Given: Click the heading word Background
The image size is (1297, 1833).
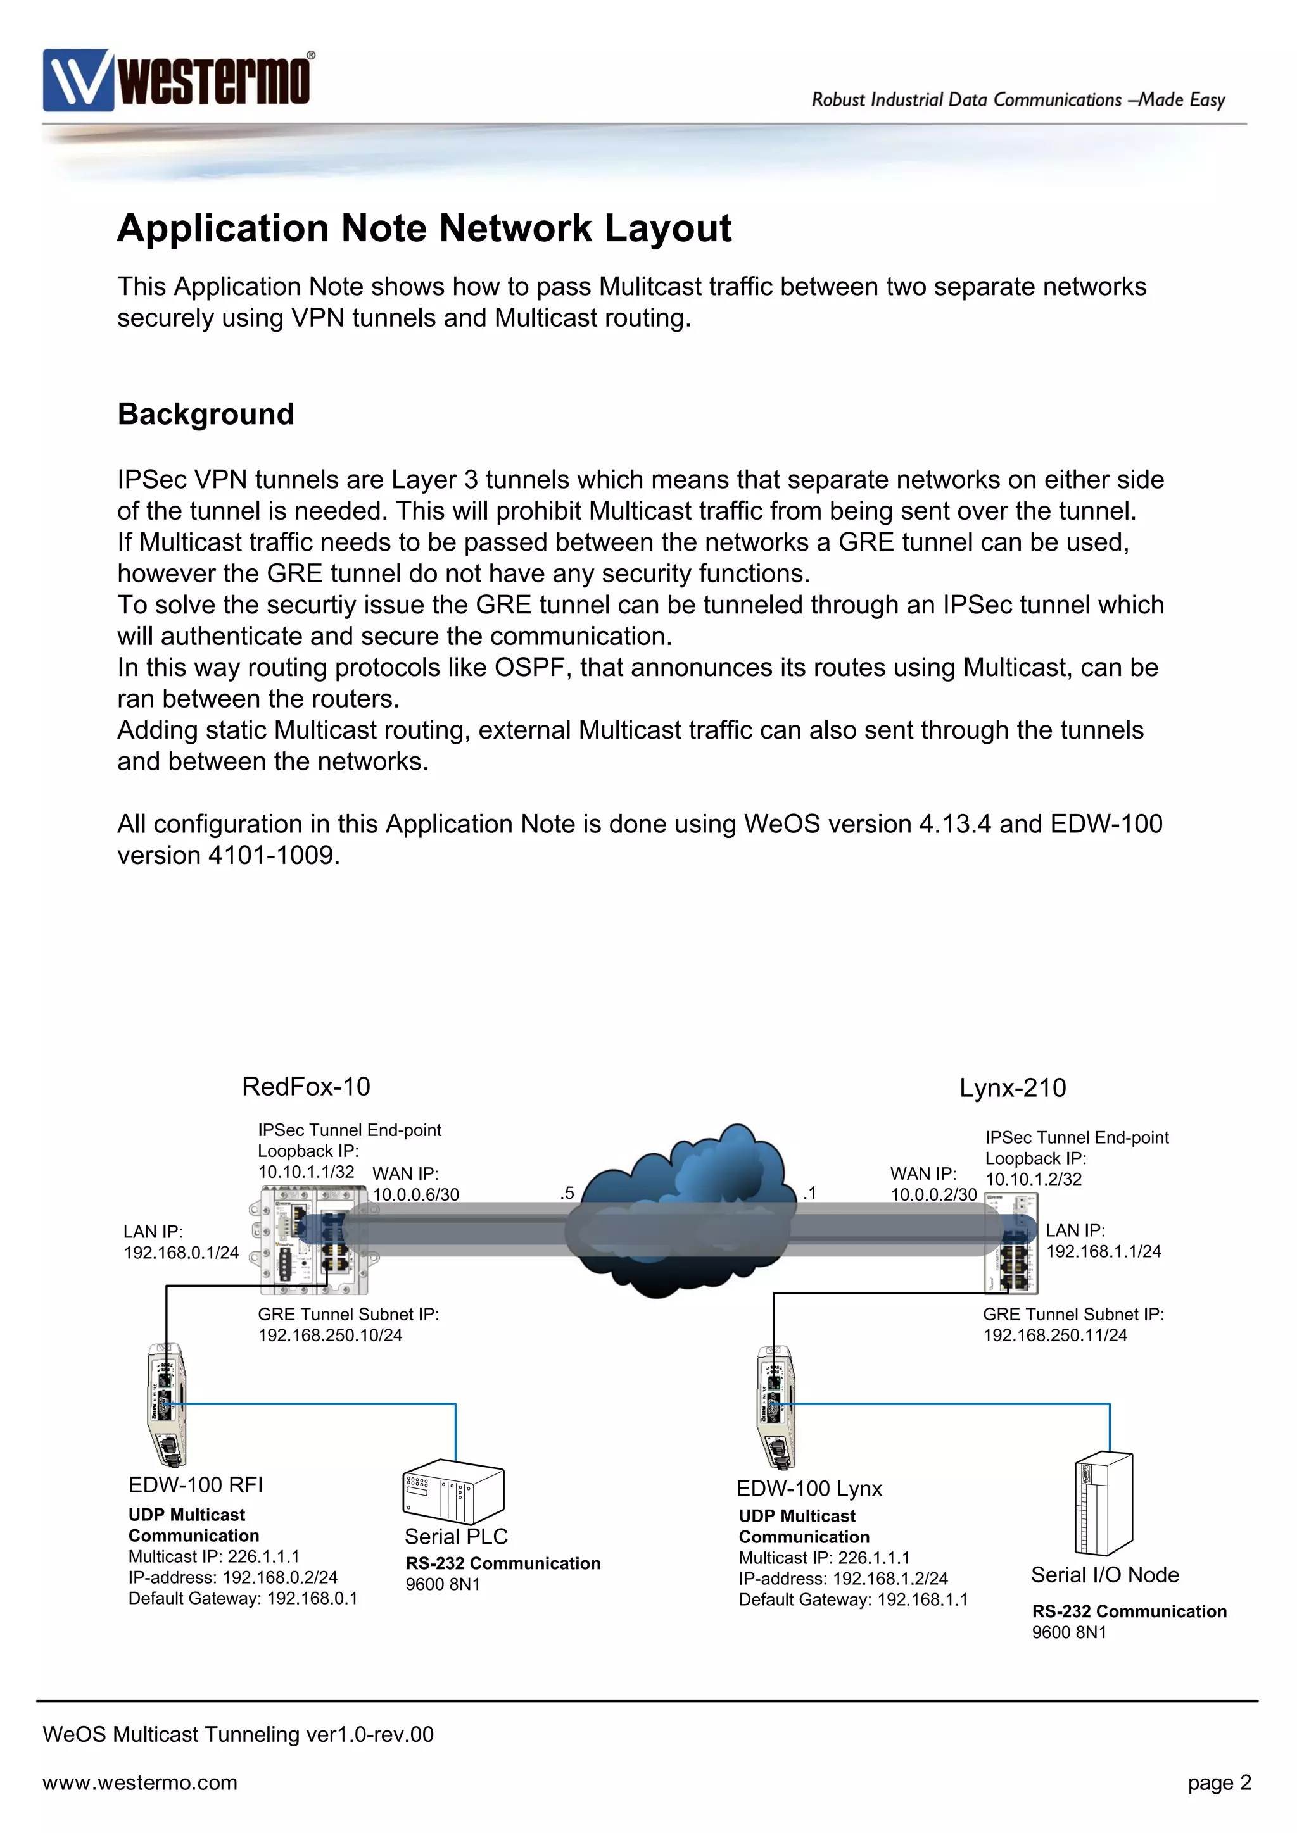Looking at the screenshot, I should pos(206,415).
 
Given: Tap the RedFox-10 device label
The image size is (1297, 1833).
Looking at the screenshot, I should pos(306,1087).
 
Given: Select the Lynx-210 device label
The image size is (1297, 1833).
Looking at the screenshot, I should pos(1012,1088).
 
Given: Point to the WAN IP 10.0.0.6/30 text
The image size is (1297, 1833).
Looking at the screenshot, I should pos(415,1195).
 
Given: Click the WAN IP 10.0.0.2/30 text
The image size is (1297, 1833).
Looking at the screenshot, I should pos(933,1195).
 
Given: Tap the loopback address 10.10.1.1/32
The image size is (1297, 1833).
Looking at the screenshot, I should pos(306,1172).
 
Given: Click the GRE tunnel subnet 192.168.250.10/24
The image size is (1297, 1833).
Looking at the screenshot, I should pos(330,1336).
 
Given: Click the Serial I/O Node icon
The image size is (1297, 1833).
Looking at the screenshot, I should pos(1104,1504).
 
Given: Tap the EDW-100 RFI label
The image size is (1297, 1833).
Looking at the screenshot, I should pos(196,1485).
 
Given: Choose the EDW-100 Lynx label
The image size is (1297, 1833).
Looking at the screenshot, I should pos(808,1489).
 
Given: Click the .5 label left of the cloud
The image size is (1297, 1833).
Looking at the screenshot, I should pos(567,1194).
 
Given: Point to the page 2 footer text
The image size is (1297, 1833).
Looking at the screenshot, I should pos(1218,1783).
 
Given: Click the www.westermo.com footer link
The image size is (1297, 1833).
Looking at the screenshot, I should pos(140,1783).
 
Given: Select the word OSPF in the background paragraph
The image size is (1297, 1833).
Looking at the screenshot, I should pos(529,667).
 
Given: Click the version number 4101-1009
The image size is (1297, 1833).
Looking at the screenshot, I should pos(272,855).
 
